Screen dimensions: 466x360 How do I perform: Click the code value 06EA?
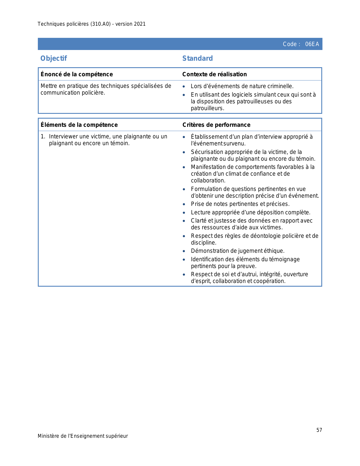pyautogui.click(x=312, y=44)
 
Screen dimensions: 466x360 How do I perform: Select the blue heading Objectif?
pyautogui.click(x=54, y=58)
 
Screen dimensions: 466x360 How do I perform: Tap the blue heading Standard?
pyautogui.click(x=197, y=58)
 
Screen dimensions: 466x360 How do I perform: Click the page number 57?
pyautogui.click(x=319, y=430)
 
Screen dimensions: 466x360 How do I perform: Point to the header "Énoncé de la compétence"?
pyautogui.click(x=77, y=74)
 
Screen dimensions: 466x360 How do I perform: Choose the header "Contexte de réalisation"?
pyautogui.click(x=214, y=74)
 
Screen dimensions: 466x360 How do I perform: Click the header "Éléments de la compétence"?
pyautogui.click(x=79, y=125)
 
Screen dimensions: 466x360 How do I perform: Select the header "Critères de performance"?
pyautogui.click(x=216, y=125)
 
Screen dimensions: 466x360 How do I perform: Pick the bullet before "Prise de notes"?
pyautogui.click(x=184, y=204)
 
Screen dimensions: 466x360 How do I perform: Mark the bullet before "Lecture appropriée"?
pyautogui.click(x=184, y=213)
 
